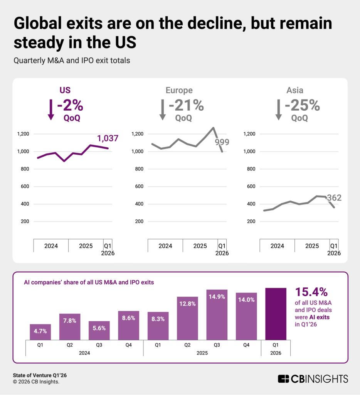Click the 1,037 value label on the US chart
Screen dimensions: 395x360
(x=108, y=138)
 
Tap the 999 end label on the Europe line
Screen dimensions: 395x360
(x=222, y=142)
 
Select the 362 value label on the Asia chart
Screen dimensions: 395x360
(x=334, y=198)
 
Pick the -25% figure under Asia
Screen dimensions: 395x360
(x=302, y=105)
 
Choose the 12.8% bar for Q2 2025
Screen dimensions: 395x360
(x=187, y=318)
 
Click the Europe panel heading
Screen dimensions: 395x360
(x=179, y=90)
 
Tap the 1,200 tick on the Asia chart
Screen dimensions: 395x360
(x=250, y=134)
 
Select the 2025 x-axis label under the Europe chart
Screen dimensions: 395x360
(x=200, y=246)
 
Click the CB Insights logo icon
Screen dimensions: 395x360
(x=283, y=378)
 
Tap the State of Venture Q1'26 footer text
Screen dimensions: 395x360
(x=37, y=375)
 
